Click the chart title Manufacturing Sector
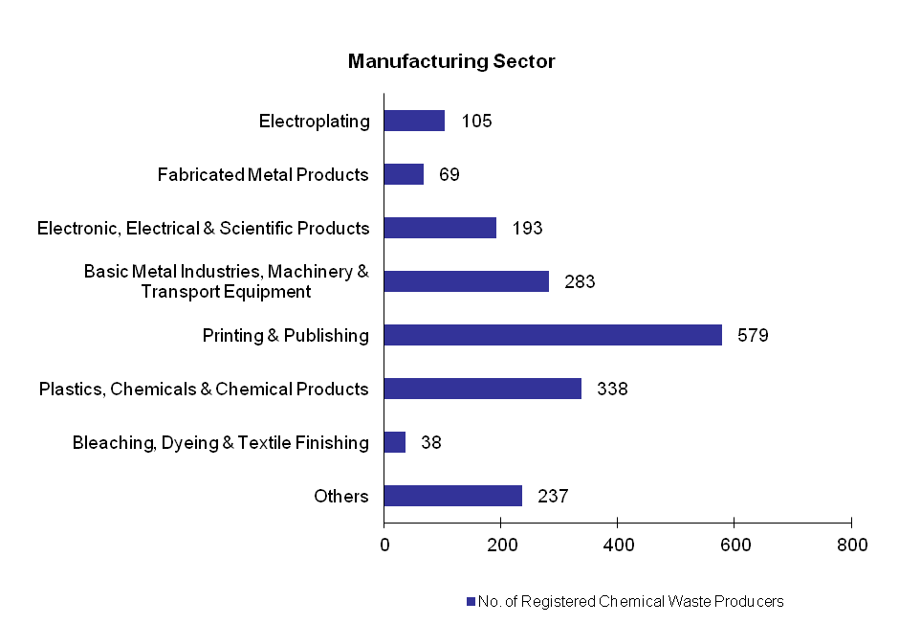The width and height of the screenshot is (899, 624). [x=451, y=62]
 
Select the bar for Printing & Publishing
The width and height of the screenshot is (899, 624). [x=553, y=335]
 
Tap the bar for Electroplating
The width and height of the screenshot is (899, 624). [x=414, y=121]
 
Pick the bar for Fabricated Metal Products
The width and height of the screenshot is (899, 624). [x=404, y=174]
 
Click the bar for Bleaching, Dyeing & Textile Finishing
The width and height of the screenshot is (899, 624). [x=394, y=442]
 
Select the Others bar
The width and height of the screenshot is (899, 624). [x=452, y=496]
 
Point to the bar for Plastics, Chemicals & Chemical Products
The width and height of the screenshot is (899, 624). [x=482, y=389]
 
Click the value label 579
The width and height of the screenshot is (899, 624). [x=753, y=335]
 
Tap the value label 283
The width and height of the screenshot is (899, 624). [x=580, y=281]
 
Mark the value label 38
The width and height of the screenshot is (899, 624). [x=431, y=442]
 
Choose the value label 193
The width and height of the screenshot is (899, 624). [x=527, y=228]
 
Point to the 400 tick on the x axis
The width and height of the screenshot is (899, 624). [x=618, y=545]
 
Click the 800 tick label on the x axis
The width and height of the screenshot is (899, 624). [x=851, y=545]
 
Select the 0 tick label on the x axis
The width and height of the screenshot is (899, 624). [x=384, y=545]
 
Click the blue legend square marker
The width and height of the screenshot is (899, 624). [x=471, y=602]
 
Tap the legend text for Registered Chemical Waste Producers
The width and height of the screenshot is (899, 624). [x=631, y=602]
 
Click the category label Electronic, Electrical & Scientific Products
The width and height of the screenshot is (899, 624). [x=203, y=228]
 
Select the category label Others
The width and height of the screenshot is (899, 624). [x=341, y=496]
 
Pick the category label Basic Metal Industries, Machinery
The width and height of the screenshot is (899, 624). [x=226, y=272]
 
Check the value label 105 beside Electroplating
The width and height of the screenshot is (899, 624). [x=476, y=121]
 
